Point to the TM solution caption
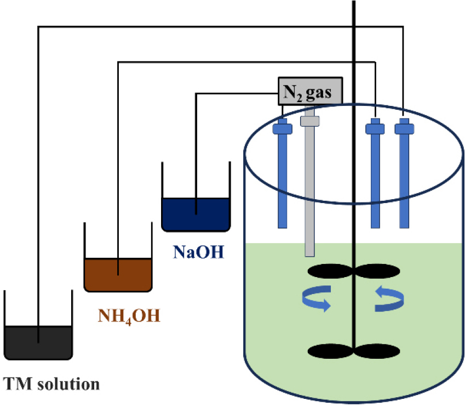pyautogui.click(x=51, y=382)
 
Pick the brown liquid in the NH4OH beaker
pyautogui.click(x=118, y=274)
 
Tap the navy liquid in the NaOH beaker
pyautogui.click(x=196, y=214)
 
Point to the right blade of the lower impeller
pyautogui.click(x=379, y=350)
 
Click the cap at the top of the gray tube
pyautogui.click(x=309, y=120)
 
